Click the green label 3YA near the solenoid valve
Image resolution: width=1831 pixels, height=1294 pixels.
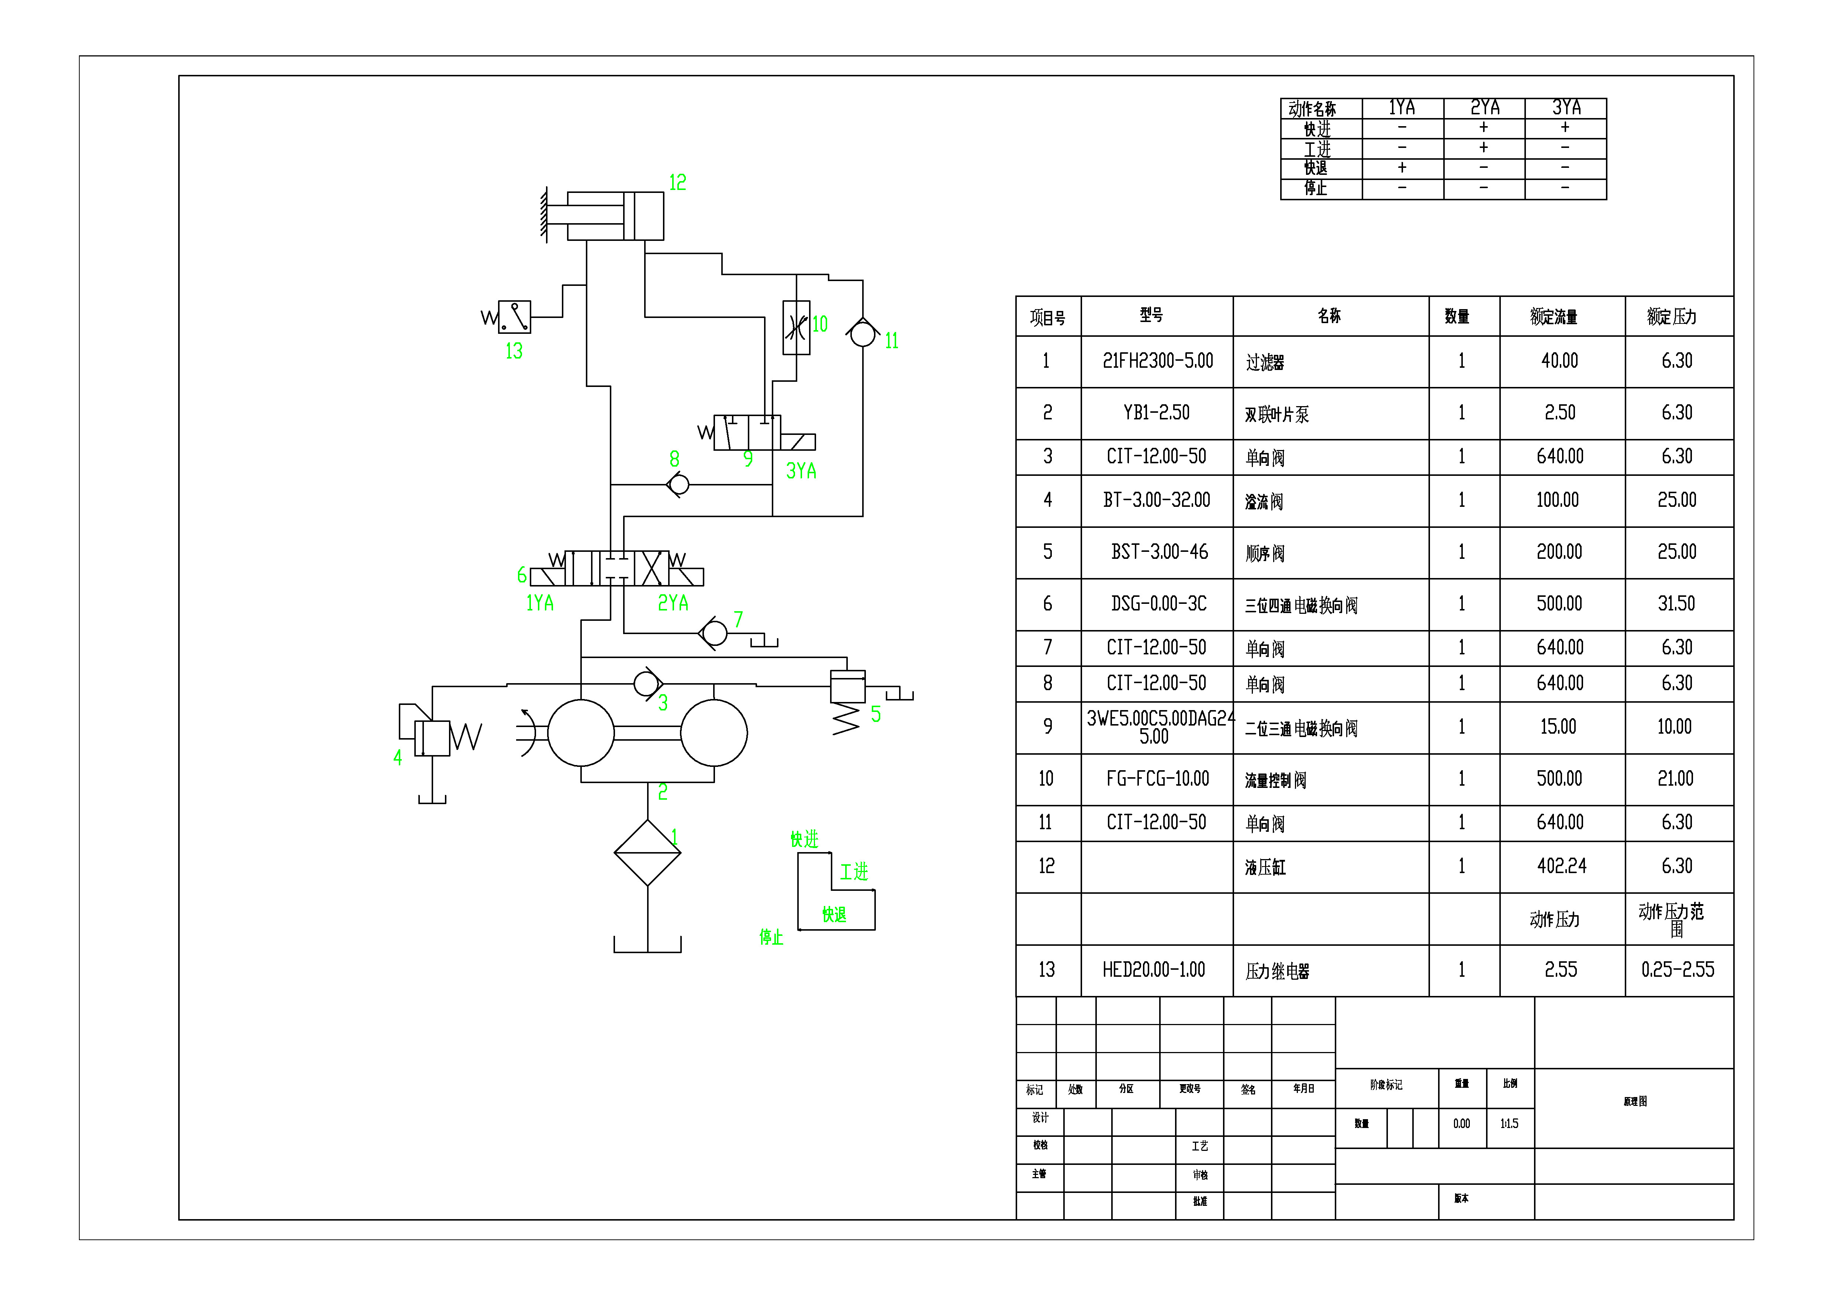coord(801,471)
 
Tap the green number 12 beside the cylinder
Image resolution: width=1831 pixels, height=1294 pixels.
coord(677,183)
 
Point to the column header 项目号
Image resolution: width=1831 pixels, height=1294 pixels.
coord(1047,317)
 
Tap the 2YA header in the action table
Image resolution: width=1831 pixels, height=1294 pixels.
coord(1484,108)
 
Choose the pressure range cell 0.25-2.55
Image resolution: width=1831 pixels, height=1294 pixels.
coord(1677,970)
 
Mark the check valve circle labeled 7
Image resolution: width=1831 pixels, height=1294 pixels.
coord(715,634)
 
